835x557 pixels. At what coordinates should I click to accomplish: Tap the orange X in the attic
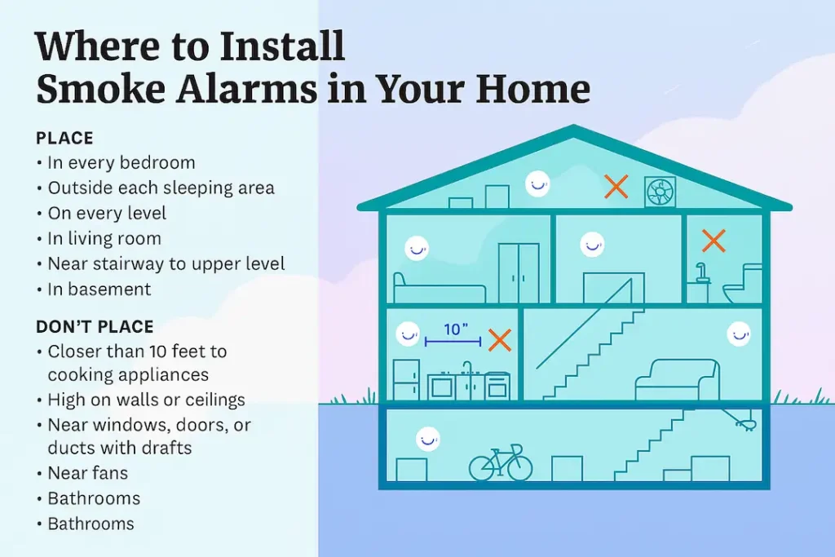click(616, 187)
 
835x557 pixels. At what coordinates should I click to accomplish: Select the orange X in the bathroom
click(714, 240)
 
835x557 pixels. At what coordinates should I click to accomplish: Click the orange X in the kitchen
click(499, 340)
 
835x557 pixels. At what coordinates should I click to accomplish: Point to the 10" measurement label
click(455, 330)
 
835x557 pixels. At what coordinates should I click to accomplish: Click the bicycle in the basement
click(500, 464)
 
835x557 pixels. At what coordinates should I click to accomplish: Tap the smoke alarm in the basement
click(427, 439)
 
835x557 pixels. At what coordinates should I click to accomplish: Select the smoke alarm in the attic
click(536, 183)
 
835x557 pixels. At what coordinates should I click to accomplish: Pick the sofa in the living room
click(677, 380)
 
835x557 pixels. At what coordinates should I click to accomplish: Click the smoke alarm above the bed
click(417, 247)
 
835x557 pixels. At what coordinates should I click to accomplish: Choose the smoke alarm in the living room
click(738, 334)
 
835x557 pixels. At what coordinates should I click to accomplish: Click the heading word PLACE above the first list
click(64, 138)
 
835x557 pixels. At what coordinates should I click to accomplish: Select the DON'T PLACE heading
click(95, 327)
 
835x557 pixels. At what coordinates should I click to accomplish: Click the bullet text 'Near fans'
click(87, 473)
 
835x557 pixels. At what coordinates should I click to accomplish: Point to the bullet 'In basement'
click(99, 289)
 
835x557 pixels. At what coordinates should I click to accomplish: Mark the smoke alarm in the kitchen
click(406, 334)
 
